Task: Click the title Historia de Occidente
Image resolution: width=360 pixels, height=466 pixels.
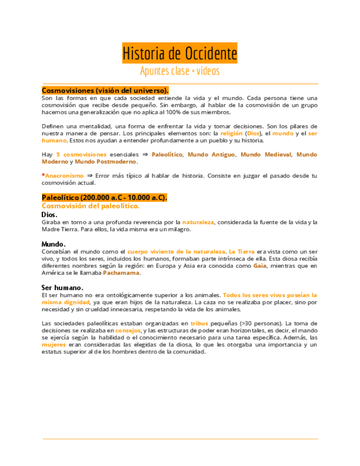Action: pyautogui.click(x=180, y=53)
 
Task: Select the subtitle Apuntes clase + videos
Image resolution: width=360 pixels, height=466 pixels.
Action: pyautogui.click(x=180, y=71)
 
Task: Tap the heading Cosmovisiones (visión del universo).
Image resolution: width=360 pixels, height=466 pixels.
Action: pyautogui.click(x=105, y=90)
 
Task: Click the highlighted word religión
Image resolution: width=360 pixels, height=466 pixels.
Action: pyautogui.click(x=230, y=133)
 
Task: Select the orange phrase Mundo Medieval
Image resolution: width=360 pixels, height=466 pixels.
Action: pyautogui.click(x=266, y=154)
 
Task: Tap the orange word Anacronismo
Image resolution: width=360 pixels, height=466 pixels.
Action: pyautogui.click(x=63, y=176)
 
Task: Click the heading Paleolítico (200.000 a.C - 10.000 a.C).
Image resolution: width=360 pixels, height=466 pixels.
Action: pyautogui.click(x=104, y=197)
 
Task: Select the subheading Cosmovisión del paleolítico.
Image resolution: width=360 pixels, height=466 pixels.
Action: pyautogui.click(x=91, y=206)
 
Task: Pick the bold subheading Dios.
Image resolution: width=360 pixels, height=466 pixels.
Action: pyautogui.click(x=50, y=214)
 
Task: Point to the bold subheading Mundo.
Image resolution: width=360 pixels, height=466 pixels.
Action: pyautogui.click(x=54, y=243)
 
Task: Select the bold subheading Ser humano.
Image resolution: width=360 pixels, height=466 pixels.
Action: pyautogui.click(x=63, y=287)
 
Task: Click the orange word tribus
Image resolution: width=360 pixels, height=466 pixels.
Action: pyautogui.click(x=200, y=323)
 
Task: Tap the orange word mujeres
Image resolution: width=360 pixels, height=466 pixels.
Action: pyautogui.click(x=54, y=345)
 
